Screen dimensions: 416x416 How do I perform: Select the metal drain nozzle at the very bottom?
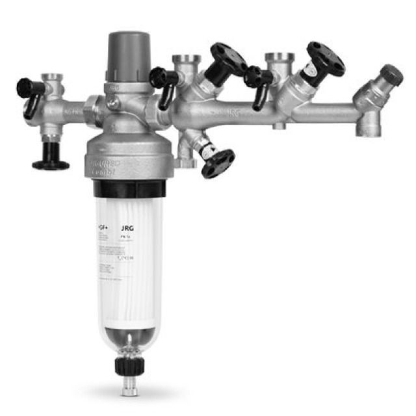(129, 388)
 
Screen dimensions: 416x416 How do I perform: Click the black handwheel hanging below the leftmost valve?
(51, 162)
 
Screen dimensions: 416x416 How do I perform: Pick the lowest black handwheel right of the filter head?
(216, 163)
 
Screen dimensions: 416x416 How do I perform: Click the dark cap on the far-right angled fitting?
(391, 74)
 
